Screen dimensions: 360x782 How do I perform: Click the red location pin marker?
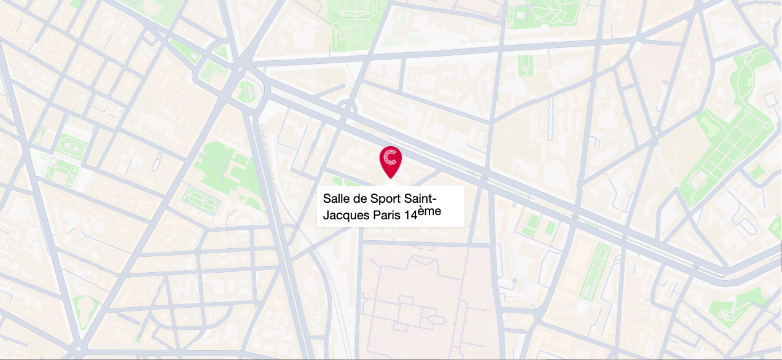[390, 161]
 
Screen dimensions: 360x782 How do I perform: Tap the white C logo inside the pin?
[390, 157]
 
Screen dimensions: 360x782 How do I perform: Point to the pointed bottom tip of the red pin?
[390, 179]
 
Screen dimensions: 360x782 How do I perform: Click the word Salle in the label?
[335, 199]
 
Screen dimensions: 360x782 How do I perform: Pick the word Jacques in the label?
[346, 216]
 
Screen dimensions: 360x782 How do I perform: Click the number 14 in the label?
[410, 216]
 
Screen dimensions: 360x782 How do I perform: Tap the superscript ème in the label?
[430, 211]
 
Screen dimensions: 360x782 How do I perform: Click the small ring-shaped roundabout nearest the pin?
[348, 109]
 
